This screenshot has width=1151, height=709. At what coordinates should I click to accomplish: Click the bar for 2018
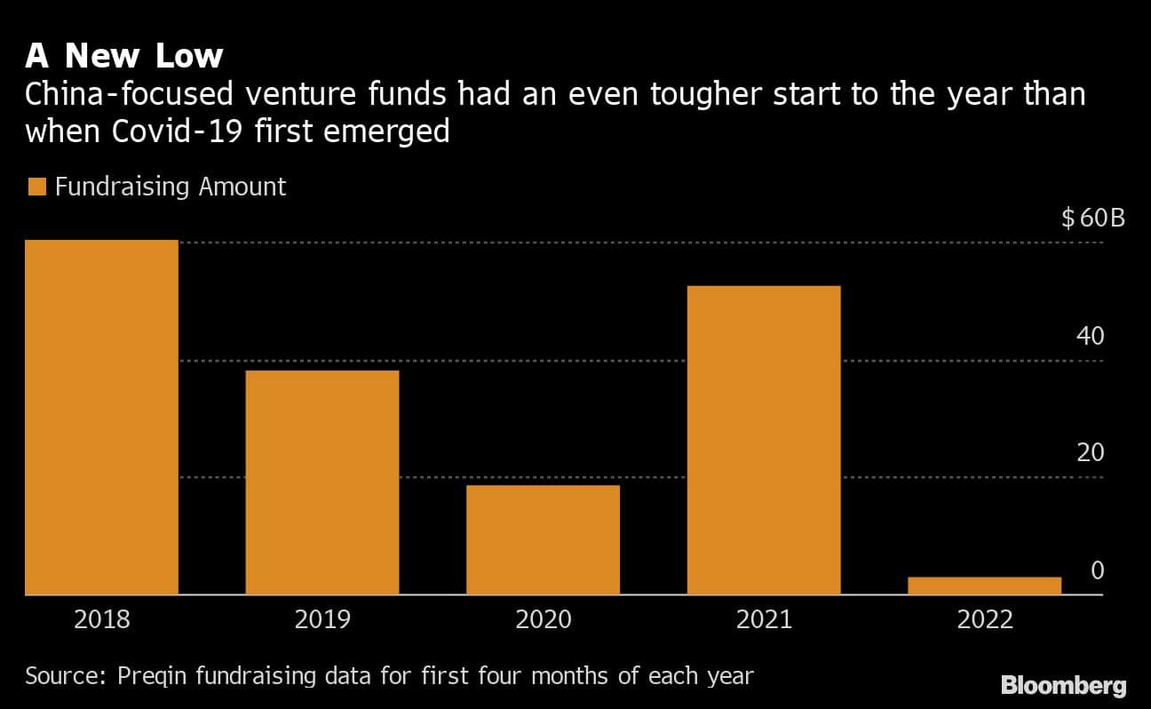click(x=101, y=418)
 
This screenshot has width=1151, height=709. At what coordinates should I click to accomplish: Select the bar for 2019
click(x=321, y=482)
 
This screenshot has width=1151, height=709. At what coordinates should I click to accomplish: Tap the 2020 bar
click(x=543, y=539)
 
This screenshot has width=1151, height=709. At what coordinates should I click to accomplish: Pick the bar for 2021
click(x=764, y=440)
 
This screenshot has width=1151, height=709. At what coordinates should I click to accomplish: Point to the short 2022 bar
click(x=984, y=586)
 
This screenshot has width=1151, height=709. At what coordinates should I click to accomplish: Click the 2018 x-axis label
click(x=101, y=619)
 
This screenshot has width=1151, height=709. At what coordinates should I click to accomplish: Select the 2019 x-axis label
click(x=321, y=619)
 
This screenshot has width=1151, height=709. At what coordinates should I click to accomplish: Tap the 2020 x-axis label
click(x=543, y=619)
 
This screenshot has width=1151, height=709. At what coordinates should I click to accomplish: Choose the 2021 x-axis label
click(x=764, y=619)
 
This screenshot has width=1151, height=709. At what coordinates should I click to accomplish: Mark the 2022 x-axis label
click(x=985, y=619)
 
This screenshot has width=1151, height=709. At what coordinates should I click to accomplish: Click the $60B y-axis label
click(x=1092, y=218)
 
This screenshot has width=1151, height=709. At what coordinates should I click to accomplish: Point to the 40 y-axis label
click(x=1090, y=337)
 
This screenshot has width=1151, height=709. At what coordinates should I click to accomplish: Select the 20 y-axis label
click(x=1090, y=453)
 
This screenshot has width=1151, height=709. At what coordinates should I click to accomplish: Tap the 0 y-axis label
click(x=1097, y=570)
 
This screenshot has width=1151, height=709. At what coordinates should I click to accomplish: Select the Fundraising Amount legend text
click(x=171, y=187)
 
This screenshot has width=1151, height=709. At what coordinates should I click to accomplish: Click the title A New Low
click(x=123, y=56)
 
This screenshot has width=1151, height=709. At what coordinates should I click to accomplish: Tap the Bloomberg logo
click(x=1063, y=685)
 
